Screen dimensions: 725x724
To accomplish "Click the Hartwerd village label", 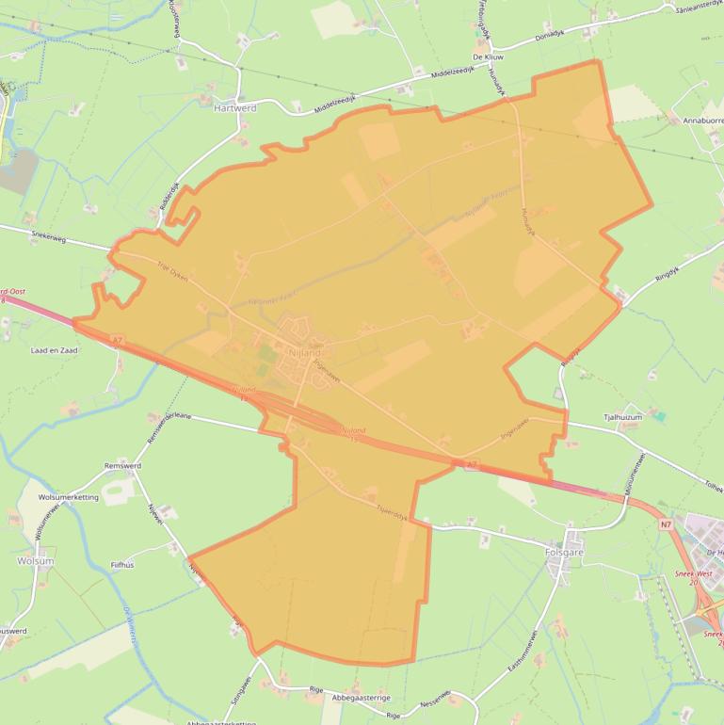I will coord(234,108).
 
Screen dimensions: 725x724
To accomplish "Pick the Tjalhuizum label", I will coord(621,415).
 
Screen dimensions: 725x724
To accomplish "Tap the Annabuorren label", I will coord(696,121).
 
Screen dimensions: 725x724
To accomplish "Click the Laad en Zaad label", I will coord(54,349).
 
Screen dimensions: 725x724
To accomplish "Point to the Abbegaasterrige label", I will coord(362,698).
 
